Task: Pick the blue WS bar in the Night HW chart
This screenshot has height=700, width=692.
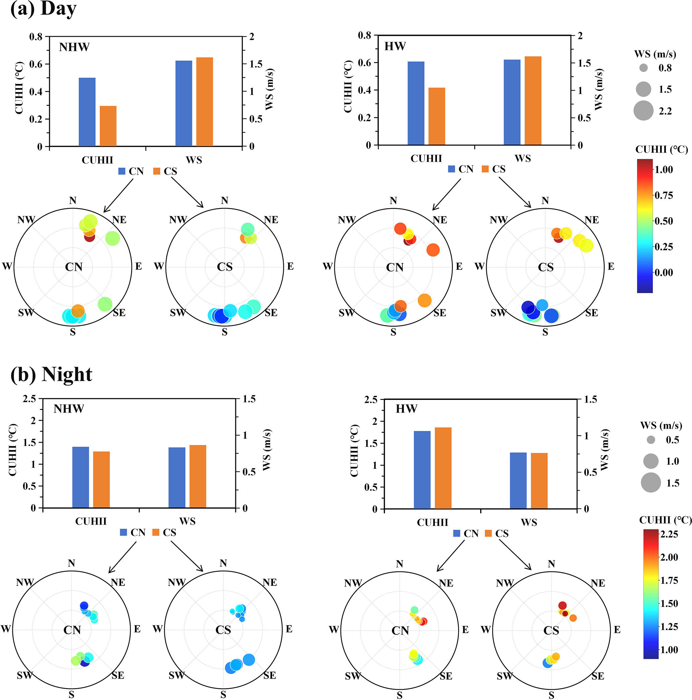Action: click(x=518, y=480)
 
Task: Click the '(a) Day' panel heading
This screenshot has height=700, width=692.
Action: click(x=44, y=9)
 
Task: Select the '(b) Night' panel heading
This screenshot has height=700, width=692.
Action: click(x=52, y=374)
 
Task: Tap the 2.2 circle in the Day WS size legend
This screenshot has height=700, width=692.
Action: click(x=643, y=110)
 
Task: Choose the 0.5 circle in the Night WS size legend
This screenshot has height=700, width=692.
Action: click(x=651, y=440)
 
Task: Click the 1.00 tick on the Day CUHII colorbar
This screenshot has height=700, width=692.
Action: click(x=663, y=170)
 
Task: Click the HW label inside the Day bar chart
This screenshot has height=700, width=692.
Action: click(x=395, y=47)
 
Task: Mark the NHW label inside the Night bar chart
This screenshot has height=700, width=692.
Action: click(x=69, y=409)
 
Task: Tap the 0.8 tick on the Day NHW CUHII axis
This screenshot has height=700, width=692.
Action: click(x=35, y=36)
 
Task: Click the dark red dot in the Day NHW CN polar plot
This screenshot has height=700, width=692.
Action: click(x=89, y=237)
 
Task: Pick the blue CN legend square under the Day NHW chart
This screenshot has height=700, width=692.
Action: click(x=122, y=171)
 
